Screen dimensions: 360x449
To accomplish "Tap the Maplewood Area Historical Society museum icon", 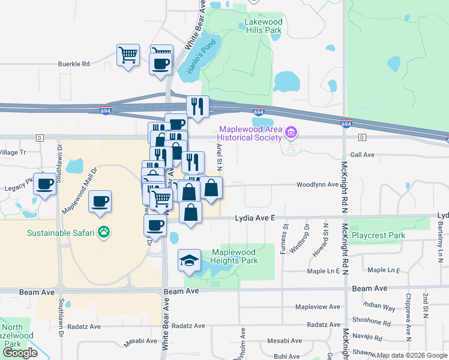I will pos(291,132).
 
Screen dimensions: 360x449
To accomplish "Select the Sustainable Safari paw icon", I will pos(104,231).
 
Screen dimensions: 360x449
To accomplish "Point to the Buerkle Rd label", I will pos(73,63).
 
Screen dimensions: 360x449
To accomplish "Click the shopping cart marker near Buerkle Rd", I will pos(128,55).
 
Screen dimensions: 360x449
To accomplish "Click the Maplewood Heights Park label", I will pos(234,256).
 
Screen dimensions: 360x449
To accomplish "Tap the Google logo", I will pos(20,353).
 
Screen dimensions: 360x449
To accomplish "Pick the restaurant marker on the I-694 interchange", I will pos(197,107).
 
